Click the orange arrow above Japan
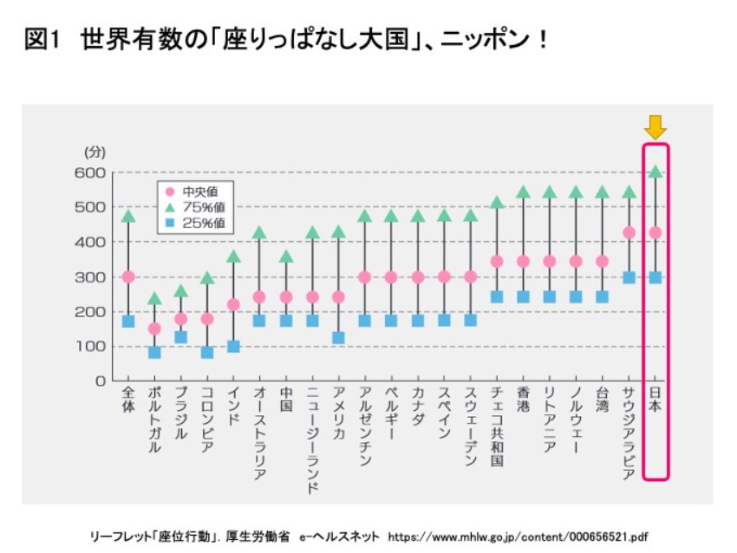655,127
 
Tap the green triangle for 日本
655,172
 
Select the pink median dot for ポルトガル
154,329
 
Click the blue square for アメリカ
338,337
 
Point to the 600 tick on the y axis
95,172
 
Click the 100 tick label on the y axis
95,346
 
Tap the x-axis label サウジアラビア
629,433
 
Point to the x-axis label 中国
286,400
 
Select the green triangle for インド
233,257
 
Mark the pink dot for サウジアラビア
629,232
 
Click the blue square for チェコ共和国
497,296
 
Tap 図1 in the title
41,40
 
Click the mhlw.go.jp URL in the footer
519,535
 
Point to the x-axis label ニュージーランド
312,442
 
